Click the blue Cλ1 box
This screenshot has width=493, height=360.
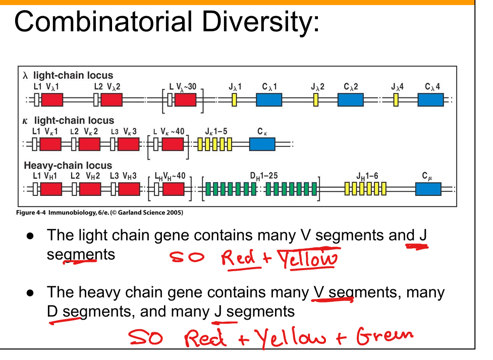point(268,99)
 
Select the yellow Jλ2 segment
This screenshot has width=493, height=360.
point(315,99)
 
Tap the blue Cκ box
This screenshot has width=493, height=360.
point(262,144)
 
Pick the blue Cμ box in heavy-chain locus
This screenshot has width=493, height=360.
point(428,189)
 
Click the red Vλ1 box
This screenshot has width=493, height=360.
point(52,99)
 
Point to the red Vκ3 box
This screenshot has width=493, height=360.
point(128,144)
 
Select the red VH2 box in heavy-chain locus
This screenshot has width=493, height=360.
point(89,189)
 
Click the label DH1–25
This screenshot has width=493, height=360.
point(263,176)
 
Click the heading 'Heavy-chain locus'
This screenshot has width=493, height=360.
point(68,166)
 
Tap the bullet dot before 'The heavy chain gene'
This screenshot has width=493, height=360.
point(30,293)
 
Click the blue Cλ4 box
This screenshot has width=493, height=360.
point(431,99)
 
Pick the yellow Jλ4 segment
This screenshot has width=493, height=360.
point(396,99)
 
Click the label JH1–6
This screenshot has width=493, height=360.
point(367,176)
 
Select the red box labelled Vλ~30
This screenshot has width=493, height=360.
point(185,99)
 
